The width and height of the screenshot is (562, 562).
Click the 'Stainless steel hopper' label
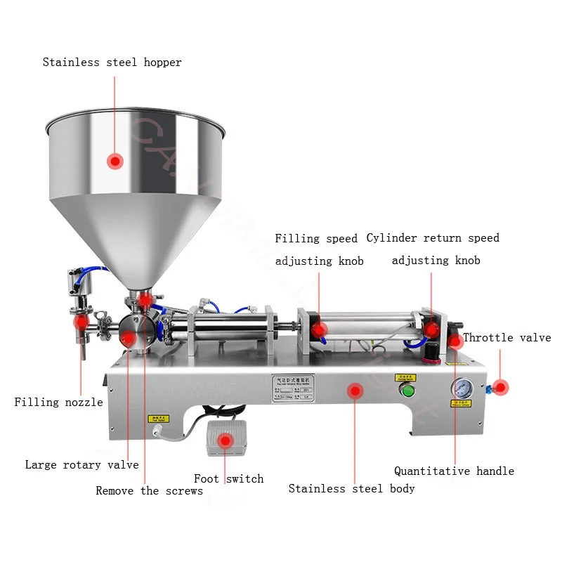pyautogui.click(x=112, y=63)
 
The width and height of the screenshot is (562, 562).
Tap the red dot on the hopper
pyautogui.click(x=115, y=161)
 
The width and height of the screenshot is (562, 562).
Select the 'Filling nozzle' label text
pyautogui.click(x=59, y=403)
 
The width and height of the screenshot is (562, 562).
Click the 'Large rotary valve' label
pyautogui.click(x=81, y=464)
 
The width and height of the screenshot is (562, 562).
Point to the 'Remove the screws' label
pyautogui.click(x=149, y=490)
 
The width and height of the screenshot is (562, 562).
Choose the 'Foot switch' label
pyautogui.click(x=229, y=478)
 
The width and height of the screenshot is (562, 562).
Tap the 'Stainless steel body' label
pyautogui.click(x=351, y=488)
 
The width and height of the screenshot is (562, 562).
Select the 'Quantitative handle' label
pyautogui.click(x=454, y=471)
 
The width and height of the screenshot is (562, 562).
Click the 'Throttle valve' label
pyautogui.click(x=507, y=338)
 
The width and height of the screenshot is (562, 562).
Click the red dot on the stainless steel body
pyautogui.click(x=355, y=390)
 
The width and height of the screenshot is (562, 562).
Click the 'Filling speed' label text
pyautogui.click(x=315, y=239)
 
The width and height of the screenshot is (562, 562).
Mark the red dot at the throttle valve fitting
pyautogui.click(x=500, y=386)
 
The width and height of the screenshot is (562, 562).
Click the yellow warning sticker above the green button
pyautogui.click(x=405, y=378)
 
